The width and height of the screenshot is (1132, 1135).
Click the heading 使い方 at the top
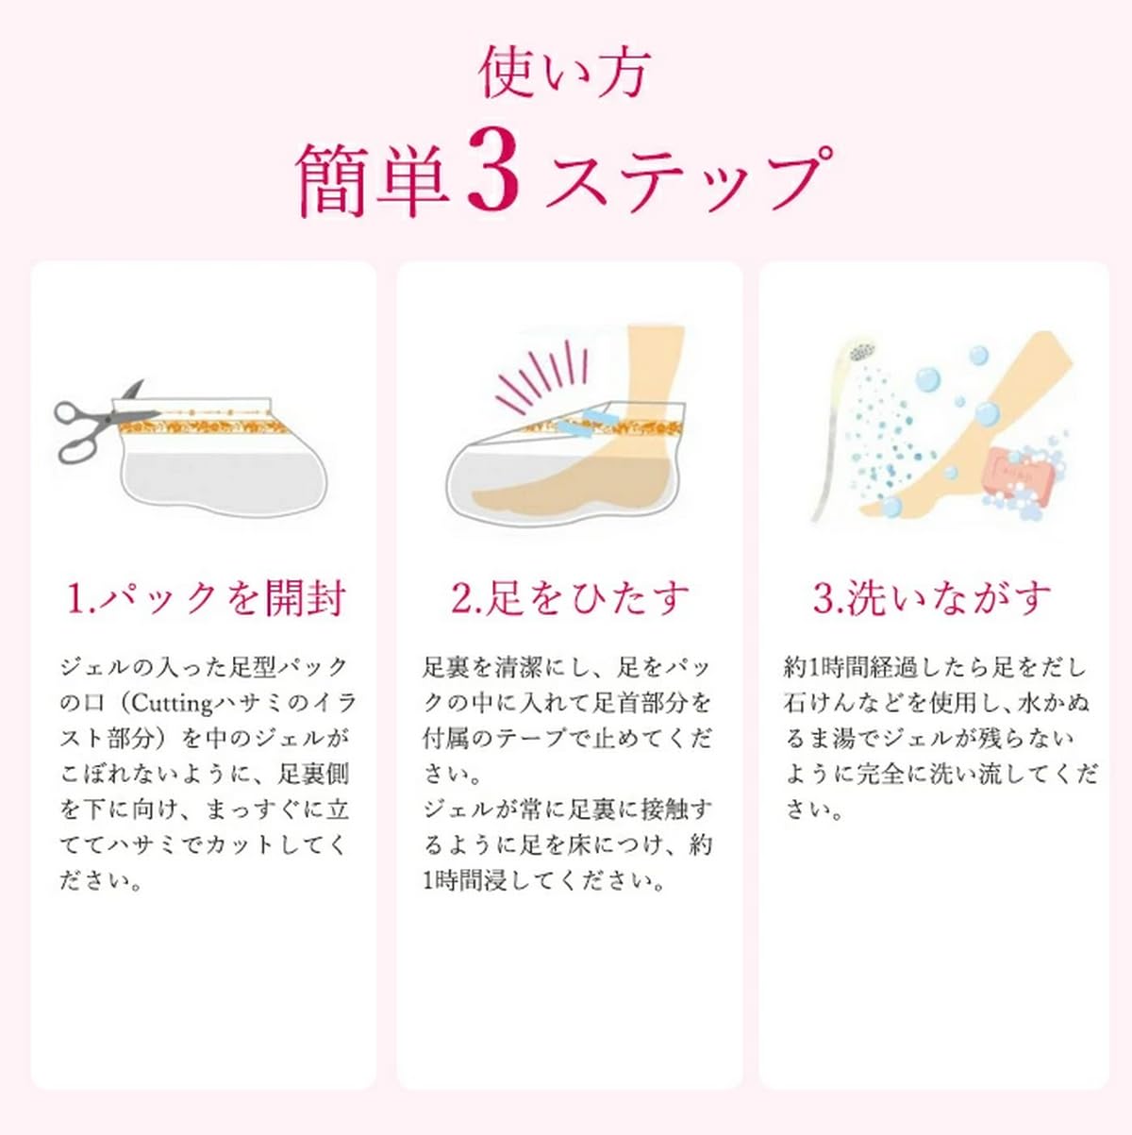[565, 74]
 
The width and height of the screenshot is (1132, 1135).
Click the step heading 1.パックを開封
[206, 598]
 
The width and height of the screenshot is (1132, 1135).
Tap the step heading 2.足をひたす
[570, 598]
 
